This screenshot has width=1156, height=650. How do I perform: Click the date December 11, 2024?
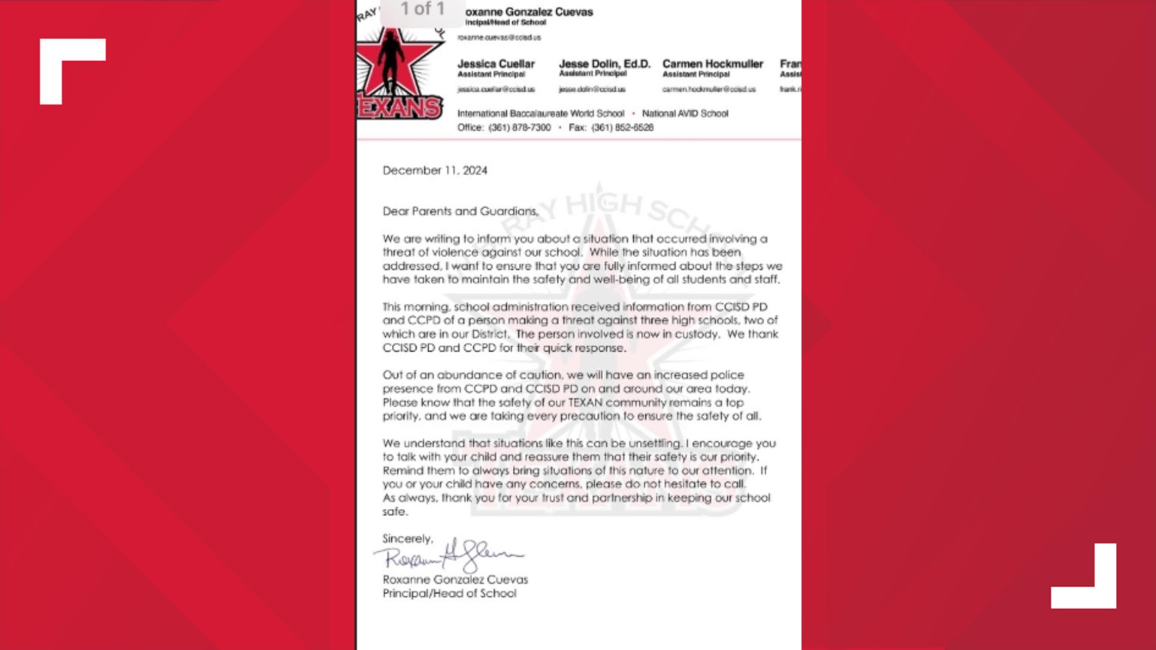(435, 170)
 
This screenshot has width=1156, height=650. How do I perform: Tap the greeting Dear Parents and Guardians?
(461, 211)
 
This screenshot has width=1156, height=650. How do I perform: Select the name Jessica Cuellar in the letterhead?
(496, 64)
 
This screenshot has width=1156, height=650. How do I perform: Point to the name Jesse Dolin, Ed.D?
(604, 64)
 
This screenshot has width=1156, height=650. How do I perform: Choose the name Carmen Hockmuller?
(712, 64)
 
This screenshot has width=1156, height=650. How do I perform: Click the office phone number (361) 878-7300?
(519, 128)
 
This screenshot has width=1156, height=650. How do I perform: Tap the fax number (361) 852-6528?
(622, 128)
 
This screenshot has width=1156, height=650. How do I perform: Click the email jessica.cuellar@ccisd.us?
(496, 89)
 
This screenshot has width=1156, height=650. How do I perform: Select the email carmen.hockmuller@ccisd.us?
(709, 89)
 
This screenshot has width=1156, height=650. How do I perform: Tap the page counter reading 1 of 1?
(422, 9)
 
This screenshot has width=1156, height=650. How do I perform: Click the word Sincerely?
(408, 539)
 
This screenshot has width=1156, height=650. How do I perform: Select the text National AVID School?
(685, 113)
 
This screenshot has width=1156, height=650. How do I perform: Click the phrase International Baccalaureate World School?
(540, 113)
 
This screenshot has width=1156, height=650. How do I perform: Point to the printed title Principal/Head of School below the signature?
(449, 593)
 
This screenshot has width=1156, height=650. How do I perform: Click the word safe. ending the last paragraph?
(395, 512)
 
